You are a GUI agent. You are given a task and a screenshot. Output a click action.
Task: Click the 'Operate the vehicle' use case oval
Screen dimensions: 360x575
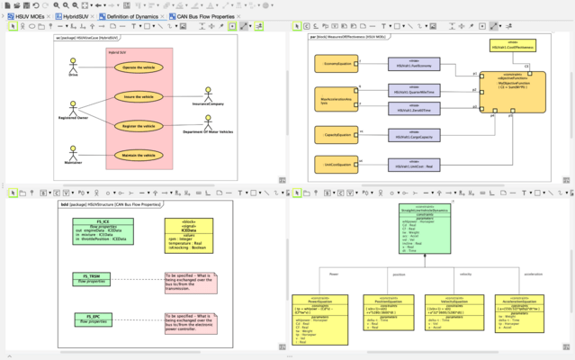point(139,67)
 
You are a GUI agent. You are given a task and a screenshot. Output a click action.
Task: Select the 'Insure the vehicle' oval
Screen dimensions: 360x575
point(139,96)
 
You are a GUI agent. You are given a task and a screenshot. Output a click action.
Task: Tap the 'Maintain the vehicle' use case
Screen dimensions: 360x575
point(139,155)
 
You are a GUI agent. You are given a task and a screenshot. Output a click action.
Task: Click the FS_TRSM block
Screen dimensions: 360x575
point(92,280)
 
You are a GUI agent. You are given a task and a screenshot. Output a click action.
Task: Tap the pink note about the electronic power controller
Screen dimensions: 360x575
point(191,321)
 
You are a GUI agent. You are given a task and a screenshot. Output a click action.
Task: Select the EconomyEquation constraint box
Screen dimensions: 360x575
point(337,64)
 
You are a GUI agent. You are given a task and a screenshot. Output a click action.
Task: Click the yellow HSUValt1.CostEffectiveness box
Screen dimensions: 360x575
point(510,44)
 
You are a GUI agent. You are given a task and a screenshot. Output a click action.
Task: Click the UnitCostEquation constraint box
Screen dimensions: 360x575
point(337,165)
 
